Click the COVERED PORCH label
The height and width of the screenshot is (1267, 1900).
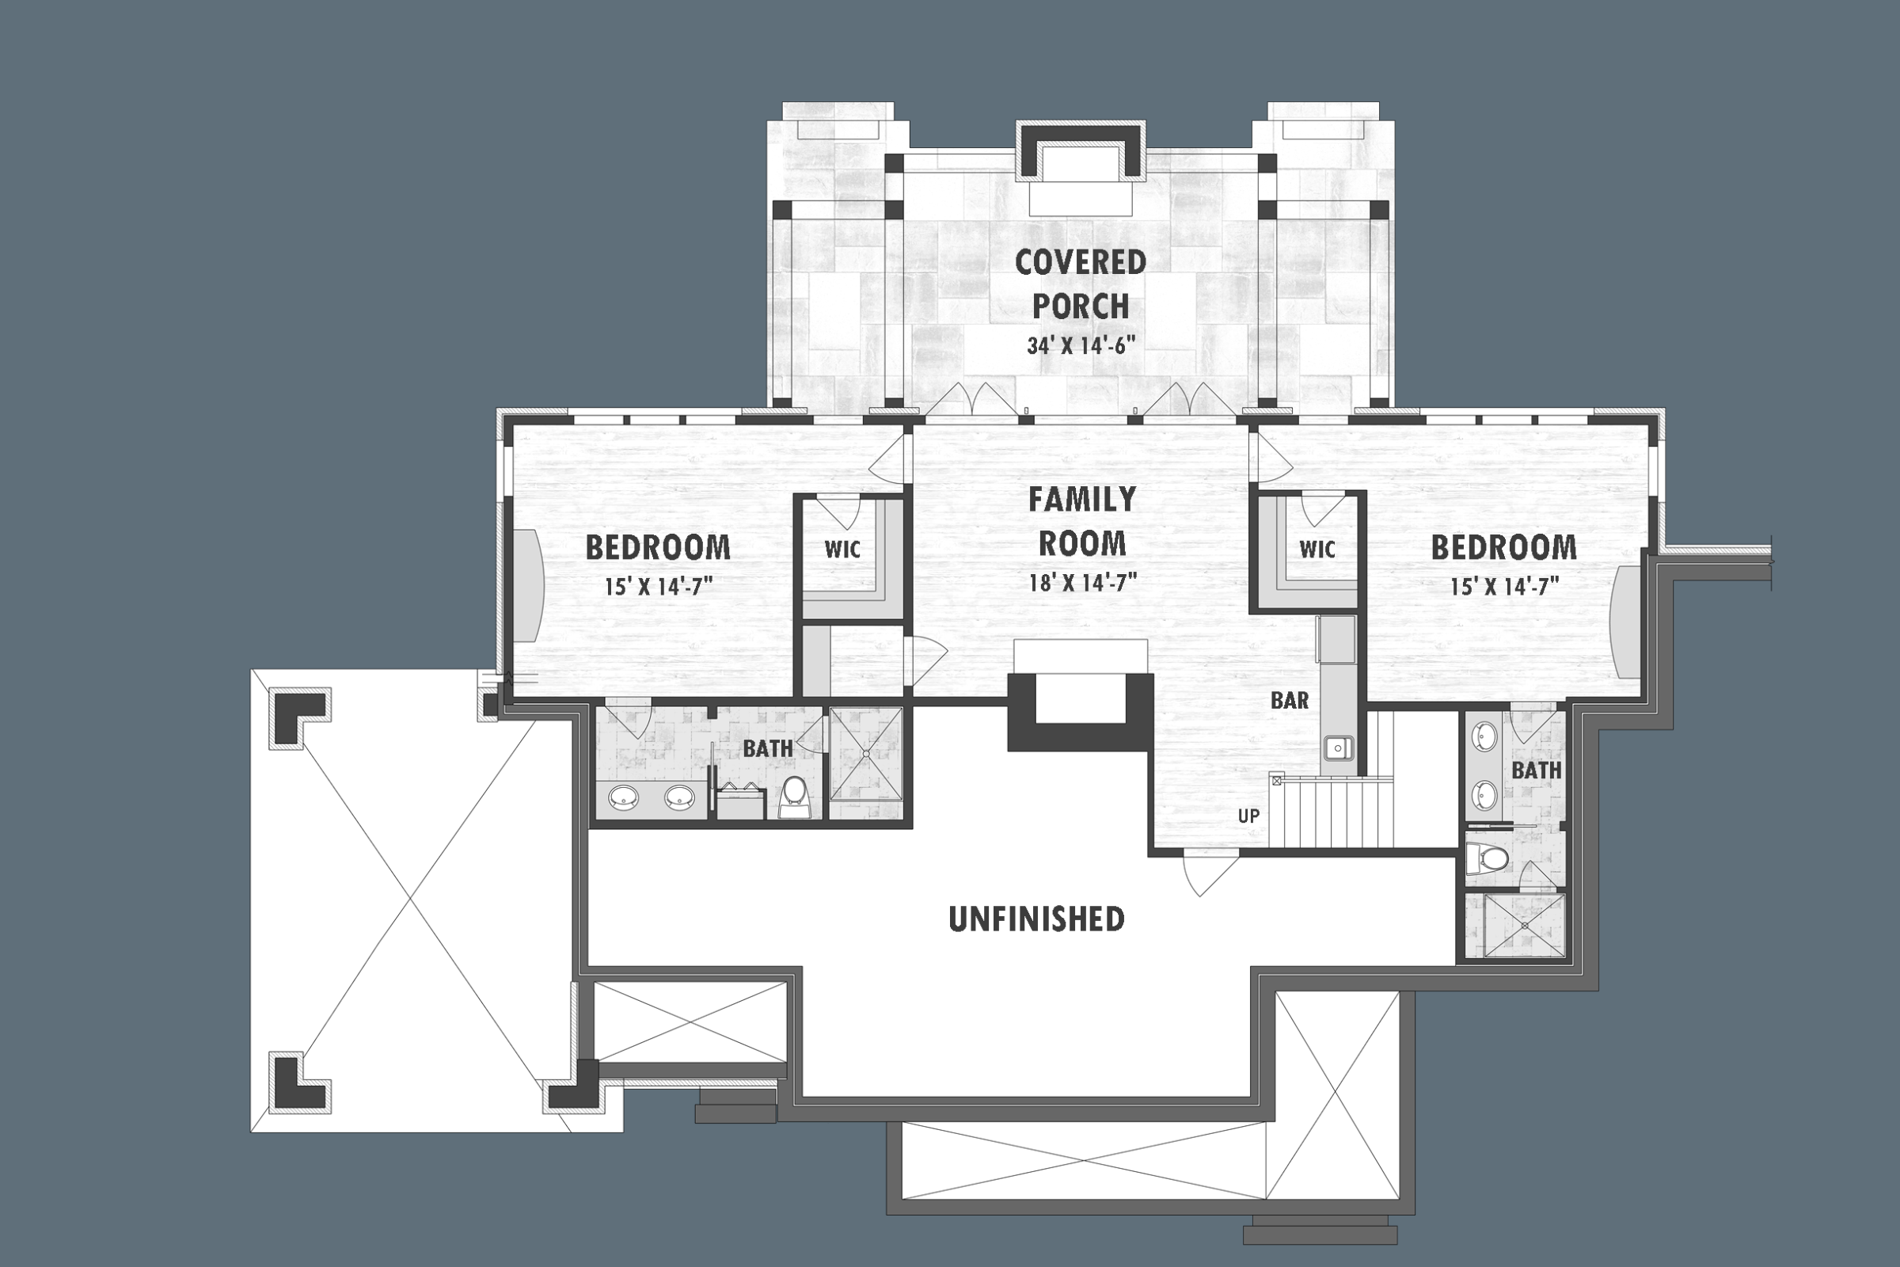[1080, 284]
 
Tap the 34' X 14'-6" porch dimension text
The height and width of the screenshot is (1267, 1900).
[1081, 346]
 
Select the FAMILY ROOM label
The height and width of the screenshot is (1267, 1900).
[1081, 521]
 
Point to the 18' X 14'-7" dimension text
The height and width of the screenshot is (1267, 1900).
[1082, 583]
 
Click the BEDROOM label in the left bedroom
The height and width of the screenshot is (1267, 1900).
[658, 548]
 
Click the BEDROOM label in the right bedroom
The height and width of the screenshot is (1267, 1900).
[1503, 548]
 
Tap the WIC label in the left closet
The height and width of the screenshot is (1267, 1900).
[842, 550]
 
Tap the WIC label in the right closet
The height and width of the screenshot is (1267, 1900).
[1317, 550]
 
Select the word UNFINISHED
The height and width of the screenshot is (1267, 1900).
[1036, 919]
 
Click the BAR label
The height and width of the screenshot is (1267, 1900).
[1290, 701]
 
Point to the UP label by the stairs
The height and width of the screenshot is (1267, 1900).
[1248, 816]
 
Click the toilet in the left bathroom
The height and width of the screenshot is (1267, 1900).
[794, 797]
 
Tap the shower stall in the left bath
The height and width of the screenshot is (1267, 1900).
[866, 753]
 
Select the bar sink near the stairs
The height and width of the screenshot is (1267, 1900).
[1339, 748]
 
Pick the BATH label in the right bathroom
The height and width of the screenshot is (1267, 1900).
[1537, 770]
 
